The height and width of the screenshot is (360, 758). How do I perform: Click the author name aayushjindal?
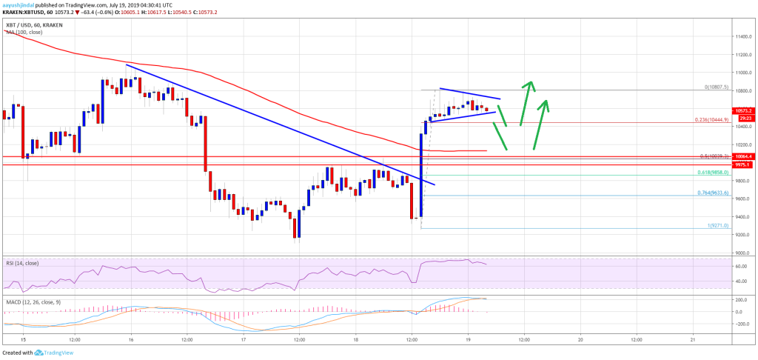[x=22, y=4]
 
